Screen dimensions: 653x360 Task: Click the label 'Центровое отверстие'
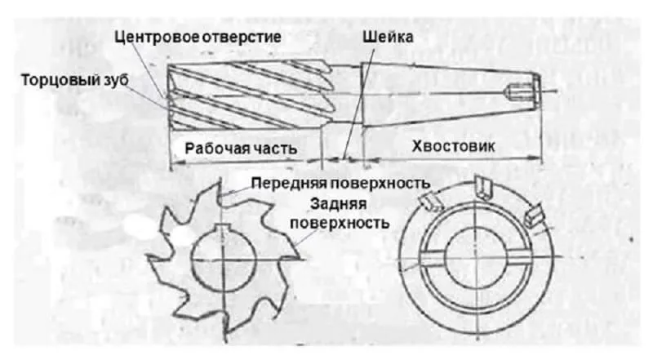pos(198,37)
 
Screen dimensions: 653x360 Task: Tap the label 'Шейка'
pos(389,37)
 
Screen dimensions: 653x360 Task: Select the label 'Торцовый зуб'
pos(75,79)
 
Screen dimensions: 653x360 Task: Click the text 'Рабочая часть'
pos(241,149)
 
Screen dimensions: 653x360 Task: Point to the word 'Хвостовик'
pos(454,146)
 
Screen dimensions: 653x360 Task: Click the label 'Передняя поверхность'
pos(340,183)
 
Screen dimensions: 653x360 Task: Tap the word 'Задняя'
pos(339,204)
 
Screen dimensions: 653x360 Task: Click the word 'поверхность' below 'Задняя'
pos(340,223)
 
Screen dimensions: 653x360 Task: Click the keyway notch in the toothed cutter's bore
pos(224,228)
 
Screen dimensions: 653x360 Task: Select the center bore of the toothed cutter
pos(224,258)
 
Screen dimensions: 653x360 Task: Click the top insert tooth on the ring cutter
pos(483,188)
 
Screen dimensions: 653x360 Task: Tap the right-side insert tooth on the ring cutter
pos(533,216)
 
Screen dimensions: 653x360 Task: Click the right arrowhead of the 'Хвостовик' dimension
pos(536,158)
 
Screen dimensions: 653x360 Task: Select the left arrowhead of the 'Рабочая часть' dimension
pos(176,162)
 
